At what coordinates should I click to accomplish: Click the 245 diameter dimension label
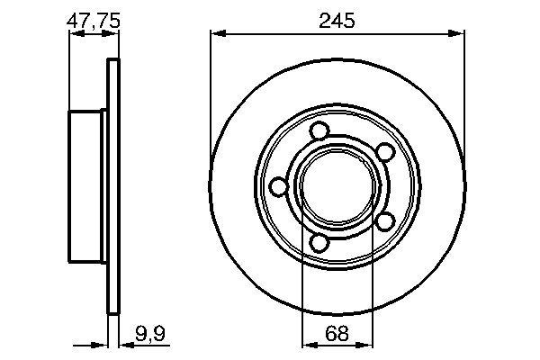337,21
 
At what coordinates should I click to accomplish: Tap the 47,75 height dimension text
93,20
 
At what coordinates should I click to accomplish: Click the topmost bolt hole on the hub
319,132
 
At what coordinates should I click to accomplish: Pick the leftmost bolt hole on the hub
279,186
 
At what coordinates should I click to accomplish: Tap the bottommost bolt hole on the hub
319,240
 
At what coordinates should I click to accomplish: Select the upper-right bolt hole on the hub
382,152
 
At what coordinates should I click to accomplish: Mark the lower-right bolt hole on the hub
382,220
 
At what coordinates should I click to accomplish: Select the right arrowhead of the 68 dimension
368,344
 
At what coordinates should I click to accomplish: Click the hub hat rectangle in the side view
87,186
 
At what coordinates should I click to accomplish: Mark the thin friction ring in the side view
112,186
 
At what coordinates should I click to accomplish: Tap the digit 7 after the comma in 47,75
100,20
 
